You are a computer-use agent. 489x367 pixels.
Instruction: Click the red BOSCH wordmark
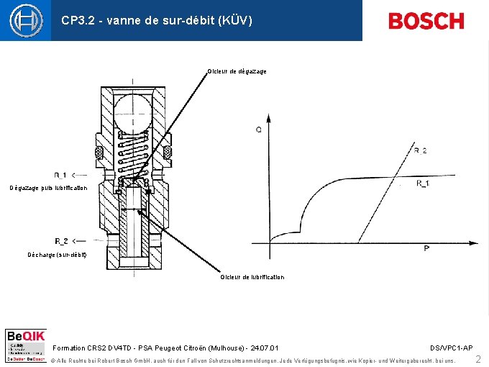click(x=426, y=21)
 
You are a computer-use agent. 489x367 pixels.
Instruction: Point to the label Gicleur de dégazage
click(x=237, y=71)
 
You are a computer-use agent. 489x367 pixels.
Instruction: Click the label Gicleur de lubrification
click(x=252, y=277)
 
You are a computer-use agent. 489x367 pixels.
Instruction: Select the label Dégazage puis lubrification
click(x=48, y=188)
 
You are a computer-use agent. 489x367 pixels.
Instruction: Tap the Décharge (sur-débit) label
click(x=57, y=255)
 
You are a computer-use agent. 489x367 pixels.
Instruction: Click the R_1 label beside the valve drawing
click(x=62, y=175)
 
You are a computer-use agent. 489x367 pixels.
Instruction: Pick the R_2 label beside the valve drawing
click(x=62, y=241)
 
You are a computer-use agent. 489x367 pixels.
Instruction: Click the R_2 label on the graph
click(x=420, y=150)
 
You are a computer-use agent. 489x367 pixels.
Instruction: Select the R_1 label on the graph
click(x=424, y=184)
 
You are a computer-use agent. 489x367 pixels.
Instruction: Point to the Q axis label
click(x=258, y=130)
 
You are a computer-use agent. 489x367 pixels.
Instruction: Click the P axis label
click(x=426, y=248)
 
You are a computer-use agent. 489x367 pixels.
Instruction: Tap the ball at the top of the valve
click(x=133, y=112)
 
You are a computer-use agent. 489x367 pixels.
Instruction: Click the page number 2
click(x=478, y=358)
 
